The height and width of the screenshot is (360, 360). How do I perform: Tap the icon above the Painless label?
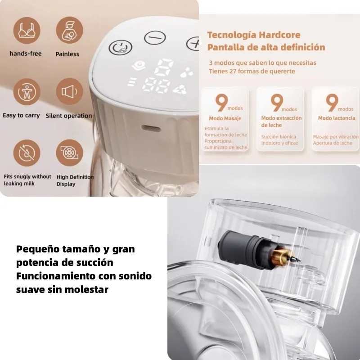coord(69,30)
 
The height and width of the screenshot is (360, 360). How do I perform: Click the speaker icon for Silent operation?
coord(69,92)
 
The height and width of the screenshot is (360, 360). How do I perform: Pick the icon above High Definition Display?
coord(69,153)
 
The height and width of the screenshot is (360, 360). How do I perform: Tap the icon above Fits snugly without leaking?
coord(26,153)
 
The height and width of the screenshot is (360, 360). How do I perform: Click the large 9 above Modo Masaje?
coord(221,103)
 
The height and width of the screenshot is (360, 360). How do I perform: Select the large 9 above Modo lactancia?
coord(331,103)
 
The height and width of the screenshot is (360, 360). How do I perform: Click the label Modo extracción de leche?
coord(281,121)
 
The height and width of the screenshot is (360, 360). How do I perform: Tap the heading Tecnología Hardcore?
coord(253,35)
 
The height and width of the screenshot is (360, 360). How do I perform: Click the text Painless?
coord(67,54)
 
